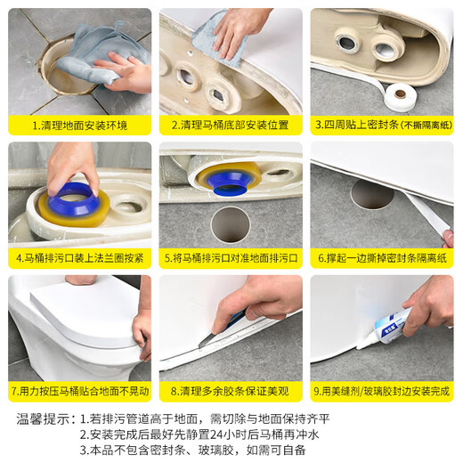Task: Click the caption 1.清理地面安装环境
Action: (78, 126)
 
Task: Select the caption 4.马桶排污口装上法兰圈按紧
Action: (78, 259)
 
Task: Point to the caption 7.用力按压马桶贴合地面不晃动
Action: (78, 392)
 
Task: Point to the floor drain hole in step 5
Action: (229, 223)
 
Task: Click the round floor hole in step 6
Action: (371, 194)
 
